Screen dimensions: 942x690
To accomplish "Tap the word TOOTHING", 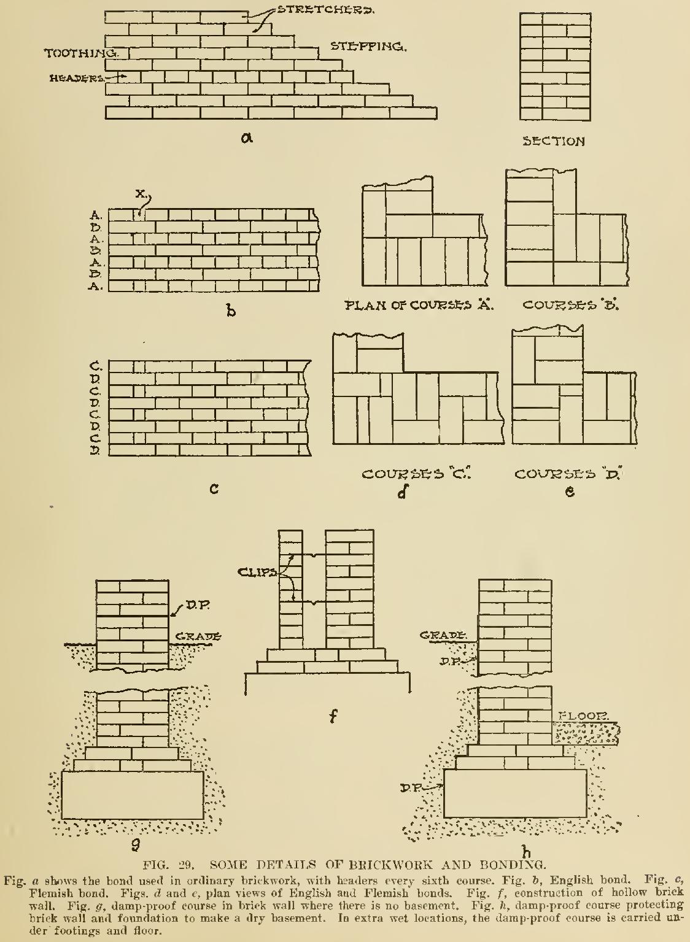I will pyautogui.click(x=80, y=53).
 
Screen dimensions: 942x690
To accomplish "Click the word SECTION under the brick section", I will pyautogui.click(x=553, y=142).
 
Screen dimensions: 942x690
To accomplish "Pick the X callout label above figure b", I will pyautogui.click(x=141, y=193).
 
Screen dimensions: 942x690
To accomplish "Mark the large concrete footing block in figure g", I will pyautogui.click(x=133, y=795).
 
